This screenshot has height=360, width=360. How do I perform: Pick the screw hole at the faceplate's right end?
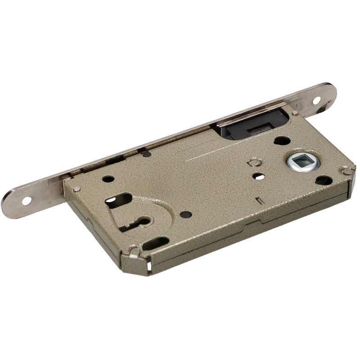point(316,100)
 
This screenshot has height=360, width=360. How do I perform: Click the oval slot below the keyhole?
point(155,243)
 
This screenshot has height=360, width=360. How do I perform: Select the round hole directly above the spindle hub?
point(282,140)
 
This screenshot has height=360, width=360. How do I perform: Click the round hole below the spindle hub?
point(324,180)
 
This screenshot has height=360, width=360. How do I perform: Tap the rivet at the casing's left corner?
point(76,189)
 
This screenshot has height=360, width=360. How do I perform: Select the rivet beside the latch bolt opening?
point(294,113)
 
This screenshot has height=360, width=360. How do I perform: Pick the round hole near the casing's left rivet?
point(108,179)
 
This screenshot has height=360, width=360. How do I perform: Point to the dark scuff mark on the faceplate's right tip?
point(325,108)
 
